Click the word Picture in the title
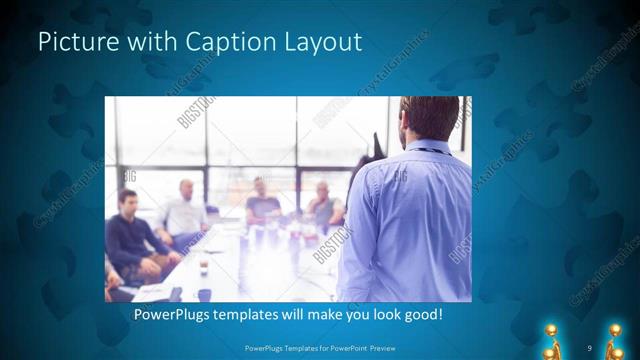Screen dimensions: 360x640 [x=72, y=42]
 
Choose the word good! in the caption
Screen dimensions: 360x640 [x=420, y=315]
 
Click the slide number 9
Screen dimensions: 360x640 [x=590, y=347]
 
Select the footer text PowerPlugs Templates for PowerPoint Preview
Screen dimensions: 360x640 [x=319, y=347]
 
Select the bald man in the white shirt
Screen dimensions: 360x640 [x=182, y=215]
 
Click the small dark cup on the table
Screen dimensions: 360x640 [x=202, y=267]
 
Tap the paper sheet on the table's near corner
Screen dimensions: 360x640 [x=150, y=291]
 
